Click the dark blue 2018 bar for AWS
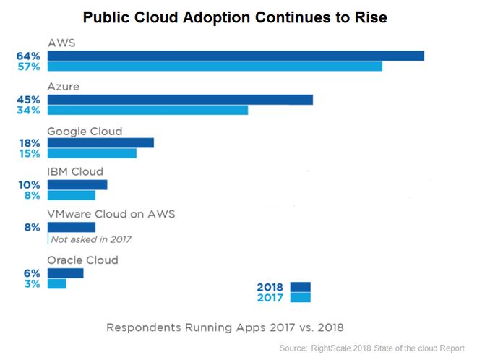pyautogui.click(x=236, y=56)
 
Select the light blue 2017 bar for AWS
pyautogui.click(x=215, y=67)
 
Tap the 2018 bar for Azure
pyautogui.click(x=180, y=99)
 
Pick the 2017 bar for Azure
pyautogui.click(x=147, y=110)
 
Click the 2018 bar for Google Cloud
pyautogui.click(x=100, y=142)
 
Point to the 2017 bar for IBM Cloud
pyautogui.click(x=72, y=195)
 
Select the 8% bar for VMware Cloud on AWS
pyautogui.click(x=72, y=227)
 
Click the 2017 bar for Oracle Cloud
pyautogui.click(x=57, y=283)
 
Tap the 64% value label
pyautogui.click(x=28, y=56)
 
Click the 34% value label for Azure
pyautogui.click(x=28, y=110)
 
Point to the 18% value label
pyautogui.click(x=28, y=142)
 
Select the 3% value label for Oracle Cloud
pyautogui.click(x=31, y=283)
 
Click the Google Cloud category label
pyautogui.click(x=85, y=131)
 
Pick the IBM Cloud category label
pyautogui.click(x=75, y=172)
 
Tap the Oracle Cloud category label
pyautogui.click(x=82, y=260)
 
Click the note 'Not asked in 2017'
pyautogui.click(x=92, y=239)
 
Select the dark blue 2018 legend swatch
pyautogui.click(x=300, y=286)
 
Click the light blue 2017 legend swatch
pyautogui.click(x=300, y=297)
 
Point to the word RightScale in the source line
pyautogui.click(x=338, y=348)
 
